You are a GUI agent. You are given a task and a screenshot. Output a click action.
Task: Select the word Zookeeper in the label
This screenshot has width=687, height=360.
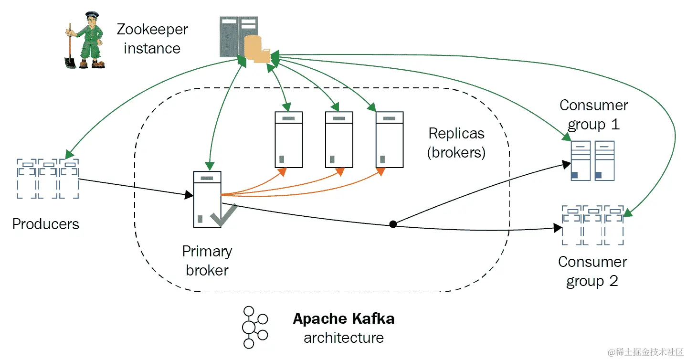click(x=152, y=30)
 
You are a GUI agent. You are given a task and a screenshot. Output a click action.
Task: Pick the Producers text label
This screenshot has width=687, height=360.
click(x=46, y=224)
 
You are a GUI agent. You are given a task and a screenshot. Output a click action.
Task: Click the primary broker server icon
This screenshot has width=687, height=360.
click(x=207, y=199)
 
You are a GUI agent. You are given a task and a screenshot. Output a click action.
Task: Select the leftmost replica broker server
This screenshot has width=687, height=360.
click(x=289, y=139)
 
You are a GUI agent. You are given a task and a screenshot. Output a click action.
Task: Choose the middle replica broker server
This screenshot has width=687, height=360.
click(x=339, y=139)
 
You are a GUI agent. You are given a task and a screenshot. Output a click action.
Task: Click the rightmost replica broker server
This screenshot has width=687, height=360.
click(x=390, y=139)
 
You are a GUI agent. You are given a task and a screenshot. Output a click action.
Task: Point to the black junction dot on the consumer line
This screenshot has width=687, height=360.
click(x=393, y=224)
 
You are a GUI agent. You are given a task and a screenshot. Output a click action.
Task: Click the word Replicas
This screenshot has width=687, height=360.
click(x=456, y=133)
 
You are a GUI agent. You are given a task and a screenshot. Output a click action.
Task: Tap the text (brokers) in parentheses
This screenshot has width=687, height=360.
click(x=456, y=152)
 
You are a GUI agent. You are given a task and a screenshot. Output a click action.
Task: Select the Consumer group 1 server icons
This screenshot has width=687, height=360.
click(x=592, y=161)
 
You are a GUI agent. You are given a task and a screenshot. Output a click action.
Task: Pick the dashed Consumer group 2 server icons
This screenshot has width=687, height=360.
click(x=592, y=225)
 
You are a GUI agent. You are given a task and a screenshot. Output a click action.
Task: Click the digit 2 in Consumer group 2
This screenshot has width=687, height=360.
click(x=613, y=282)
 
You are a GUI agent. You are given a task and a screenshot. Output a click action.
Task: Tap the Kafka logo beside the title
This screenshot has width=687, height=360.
click(x=253, y=327)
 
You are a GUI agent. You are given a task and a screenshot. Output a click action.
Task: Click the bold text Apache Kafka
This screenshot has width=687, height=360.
click(x=344, y=318)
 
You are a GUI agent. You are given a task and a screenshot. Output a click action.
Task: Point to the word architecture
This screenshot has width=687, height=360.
click(x=344, y=338)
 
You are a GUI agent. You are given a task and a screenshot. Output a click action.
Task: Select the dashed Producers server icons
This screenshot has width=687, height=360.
click(x=48, y=179)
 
